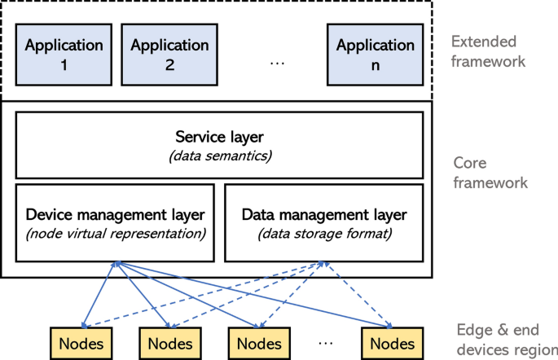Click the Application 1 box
point(64,54)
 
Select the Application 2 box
point(169,54)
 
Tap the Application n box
point(376,54)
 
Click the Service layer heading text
point(219,136)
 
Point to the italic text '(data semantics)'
point(219,155)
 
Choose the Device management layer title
point(115,214)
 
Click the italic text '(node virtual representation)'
point(115,234)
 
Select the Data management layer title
point(323,214)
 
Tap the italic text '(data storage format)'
point(323,234)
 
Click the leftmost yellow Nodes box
point(81,343)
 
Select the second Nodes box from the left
point(169,343)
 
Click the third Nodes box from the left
point(257,343)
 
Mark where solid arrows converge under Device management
point(118,263)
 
